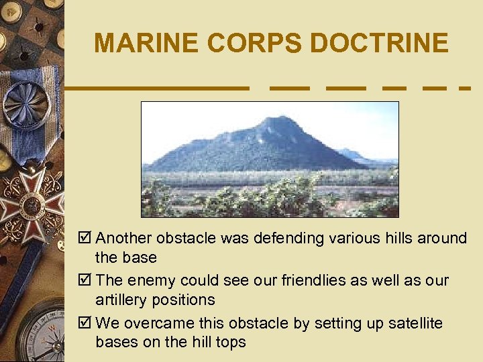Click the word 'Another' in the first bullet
pos(123,239)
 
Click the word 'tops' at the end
pos(231,343)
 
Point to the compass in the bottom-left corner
pos(40,335)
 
